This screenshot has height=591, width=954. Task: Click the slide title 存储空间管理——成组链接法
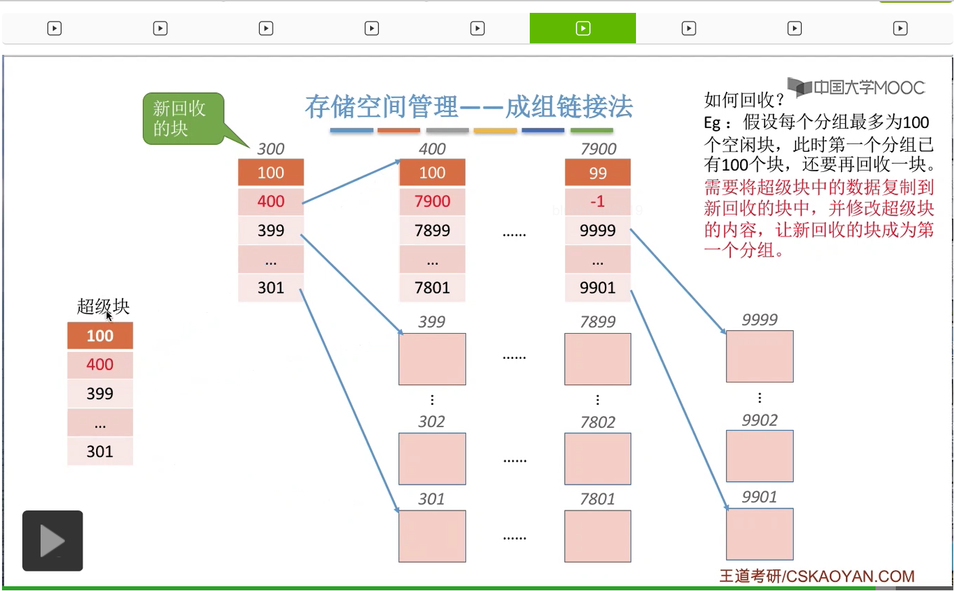[469, 107]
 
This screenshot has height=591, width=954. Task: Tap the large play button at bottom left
[53, 540]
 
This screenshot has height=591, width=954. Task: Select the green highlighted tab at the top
[583, 28]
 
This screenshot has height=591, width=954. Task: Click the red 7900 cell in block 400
[432, 201]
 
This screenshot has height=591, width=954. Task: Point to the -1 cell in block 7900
[597, 201]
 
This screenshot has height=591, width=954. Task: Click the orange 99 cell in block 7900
[597, 173]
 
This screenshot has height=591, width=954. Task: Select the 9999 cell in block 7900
[597, 230]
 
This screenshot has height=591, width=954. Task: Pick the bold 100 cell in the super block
[100, 336]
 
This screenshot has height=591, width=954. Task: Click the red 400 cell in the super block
[100, 365]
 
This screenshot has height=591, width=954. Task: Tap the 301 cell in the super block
[100, 452]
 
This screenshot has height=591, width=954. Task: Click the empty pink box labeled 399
[432, 359]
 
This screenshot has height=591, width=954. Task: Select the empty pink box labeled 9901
[759, 534]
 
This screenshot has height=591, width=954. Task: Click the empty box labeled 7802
[597, 459]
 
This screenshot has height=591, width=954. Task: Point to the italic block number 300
[271, 149]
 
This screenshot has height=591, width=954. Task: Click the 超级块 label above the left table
[103, 307]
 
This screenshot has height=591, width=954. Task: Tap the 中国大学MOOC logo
[857, 87]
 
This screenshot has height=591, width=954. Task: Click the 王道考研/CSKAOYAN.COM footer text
[817, 576]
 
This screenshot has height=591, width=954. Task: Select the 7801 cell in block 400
[432, 288]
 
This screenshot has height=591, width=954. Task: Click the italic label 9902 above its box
[759, 420]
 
